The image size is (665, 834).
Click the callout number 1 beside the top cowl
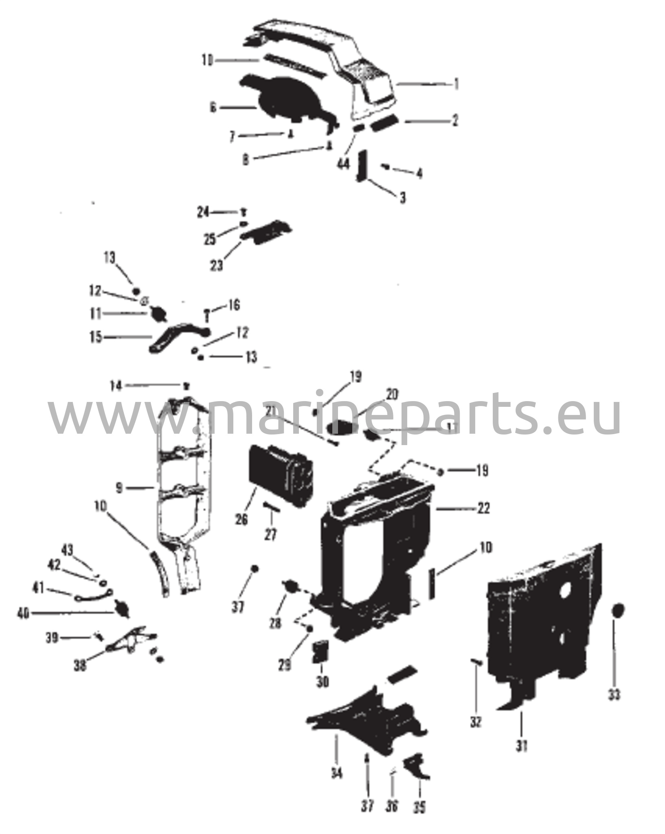pos(457,84)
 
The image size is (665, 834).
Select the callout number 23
pos(217,266)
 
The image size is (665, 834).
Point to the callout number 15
pos(96,338)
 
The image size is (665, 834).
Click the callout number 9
pos(119,488)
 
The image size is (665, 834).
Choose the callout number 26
pos(241,520)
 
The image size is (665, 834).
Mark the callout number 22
pos(483,509)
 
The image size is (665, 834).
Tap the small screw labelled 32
pos(477,663)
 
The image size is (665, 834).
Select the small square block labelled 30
pos(320,652)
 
